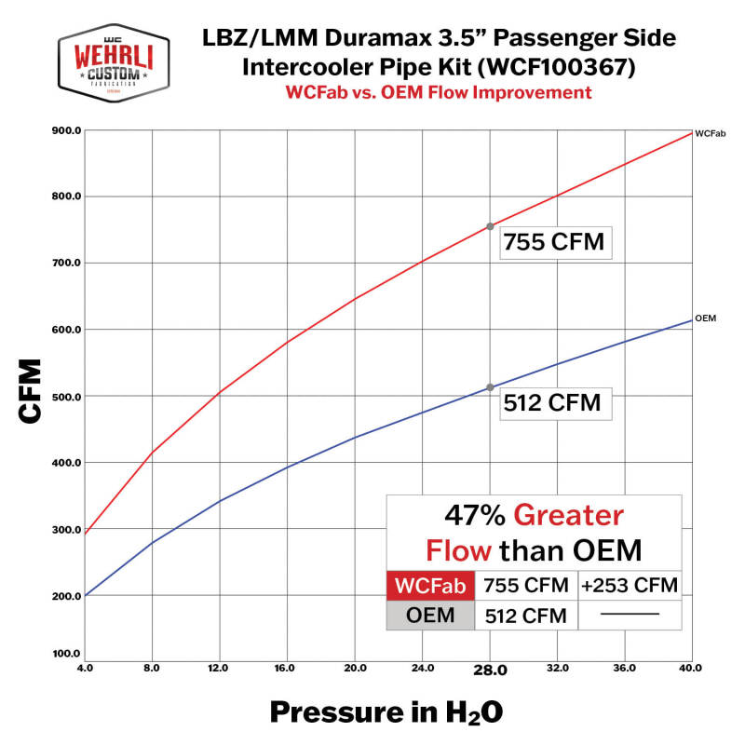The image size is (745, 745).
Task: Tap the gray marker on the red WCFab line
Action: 490,226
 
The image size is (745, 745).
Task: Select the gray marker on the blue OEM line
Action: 490,387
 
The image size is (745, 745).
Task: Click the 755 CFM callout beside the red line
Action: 554,243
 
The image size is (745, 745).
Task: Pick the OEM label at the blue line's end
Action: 705,318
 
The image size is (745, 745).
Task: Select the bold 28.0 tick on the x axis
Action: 490,669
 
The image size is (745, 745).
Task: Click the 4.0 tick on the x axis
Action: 85,668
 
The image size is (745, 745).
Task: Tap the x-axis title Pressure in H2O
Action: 386,712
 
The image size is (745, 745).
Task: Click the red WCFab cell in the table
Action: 430,586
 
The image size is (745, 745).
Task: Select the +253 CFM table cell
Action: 630,586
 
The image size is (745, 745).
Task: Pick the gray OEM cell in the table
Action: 430,615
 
